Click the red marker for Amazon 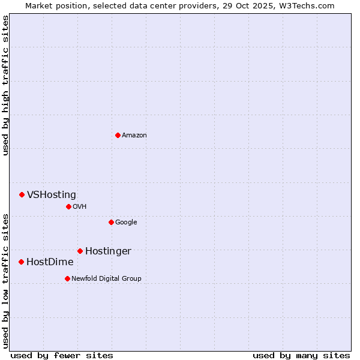[118, 135]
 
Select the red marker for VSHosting [22, 194]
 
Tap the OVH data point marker [68, 206]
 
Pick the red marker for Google [111, 222]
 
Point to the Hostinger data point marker [80, 251]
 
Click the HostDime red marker [21, 262]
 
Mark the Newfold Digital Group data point [67, 278]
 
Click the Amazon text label [134, 135]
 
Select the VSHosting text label [52, 194]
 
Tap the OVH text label [80, 206]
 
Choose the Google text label [126, 222]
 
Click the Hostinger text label [108, 251]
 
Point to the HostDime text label [50, 262]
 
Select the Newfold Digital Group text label [106, 278]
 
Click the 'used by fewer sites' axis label [62, 355]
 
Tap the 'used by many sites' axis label [301, 355]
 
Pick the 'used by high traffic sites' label [6, 85]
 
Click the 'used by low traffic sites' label [6, 281]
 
